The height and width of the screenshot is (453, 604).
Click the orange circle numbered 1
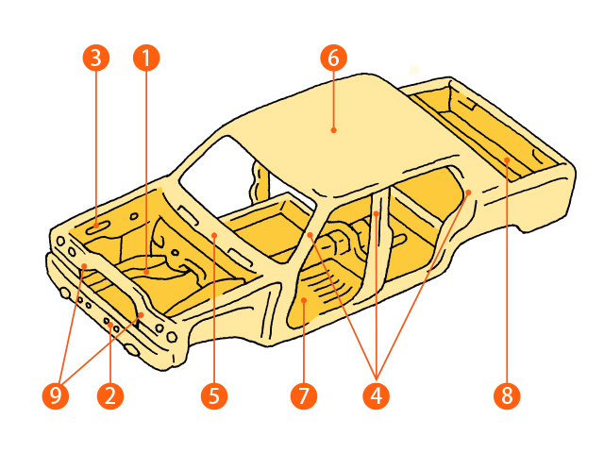point(146,59)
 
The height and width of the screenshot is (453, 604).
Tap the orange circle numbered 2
point(110,395)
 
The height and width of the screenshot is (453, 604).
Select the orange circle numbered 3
point(96,59)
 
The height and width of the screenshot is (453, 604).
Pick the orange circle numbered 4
point(377,395)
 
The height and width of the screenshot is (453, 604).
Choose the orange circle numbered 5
point(214,395)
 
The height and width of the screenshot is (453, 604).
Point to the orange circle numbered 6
point(333,59)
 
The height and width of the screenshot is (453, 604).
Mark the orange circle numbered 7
point(304,395)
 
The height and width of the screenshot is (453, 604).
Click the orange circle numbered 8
point(507,395)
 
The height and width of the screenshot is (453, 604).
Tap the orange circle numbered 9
point(56,395)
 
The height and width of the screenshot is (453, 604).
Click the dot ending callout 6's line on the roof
point(333,130)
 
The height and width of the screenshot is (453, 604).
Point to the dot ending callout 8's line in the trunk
point(507,159)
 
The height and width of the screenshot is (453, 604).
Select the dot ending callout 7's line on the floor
point(304,300)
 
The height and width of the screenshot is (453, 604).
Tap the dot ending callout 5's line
point(214,235)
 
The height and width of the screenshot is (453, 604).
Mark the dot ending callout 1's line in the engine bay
point(146,272)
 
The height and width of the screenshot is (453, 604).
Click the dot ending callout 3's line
point(96,226)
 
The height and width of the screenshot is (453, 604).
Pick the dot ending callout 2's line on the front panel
point(110,326)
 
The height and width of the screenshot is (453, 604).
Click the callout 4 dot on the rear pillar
point(468,193)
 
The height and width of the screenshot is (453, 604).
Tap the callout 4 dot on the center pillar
point(377,213)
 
